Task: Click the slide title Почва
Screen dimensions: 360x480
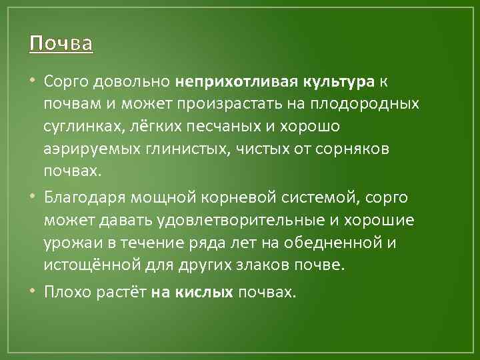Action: (61, 44)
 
